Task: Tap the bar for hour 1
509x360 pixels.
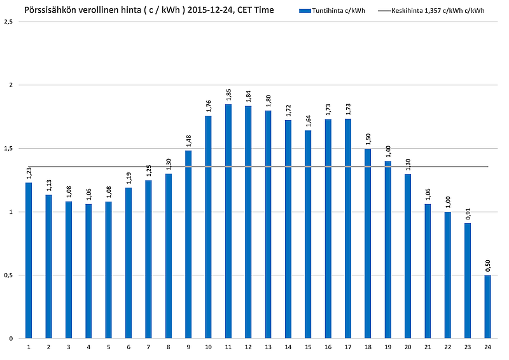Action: coord(29,261)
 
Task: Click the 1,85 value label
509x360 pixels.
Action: coord(228,94)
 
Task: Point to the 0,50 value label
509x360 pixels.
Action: coord(487,265)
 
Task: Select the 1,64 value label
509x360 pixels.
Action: coord(308,121)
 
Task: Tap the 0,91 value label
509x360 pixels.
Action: coord(468,213)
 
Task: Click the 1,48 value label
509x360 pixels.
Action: coord(188,141)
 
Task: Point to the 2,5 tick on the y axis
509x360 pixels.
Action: coord(8,22)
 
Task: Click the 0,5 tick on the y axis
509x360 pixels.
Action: coord(8,275)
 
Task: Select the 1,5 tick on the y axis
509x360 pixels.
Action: coord(8,149)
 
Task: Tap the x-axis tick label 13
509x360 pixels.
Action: coord(268,347)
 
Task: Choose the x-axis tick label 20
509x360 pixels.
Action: coord(408,347)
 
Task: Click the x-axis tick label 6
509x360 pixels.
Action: coord(129,347)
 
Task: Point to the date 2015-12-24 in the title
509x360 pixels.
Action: coord(209,10)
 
